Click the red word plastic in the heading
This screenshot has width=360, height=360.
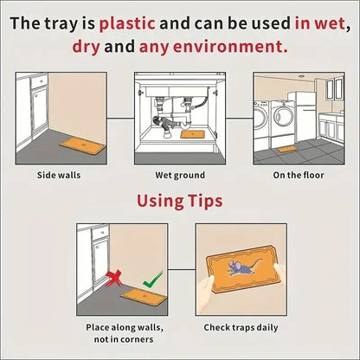pos(127,23)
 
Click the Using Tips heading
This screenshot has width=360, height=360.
pos(180,201)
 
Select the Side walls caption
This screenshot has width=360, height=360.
pos(59,175)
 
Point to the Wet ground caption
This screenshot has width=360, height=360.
pos(180,175)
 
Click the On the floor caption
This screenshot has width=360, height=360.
pos(299,175)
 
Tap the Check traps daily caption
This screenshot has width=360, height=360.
pos(241,328)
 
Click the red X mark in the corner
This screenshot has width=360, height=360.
pos(113,279)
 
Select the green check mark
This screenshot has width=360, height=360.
pos(153,280)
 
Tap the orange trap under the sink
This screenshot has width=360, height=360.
pos(193,135)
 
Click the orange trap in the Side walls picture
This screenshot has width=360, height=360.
pos(83,145)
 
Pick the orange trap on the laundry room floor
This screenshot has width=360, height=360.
pos(287,150)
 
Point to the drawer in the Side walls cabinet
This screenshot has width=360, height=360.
pos(40,81)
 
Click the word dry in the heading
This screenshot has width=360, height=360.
pos(86,47)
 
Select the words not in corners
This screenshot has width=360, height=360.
pos(124,339)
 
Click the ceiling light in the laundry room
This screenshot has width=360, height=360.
pos(302,77)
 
